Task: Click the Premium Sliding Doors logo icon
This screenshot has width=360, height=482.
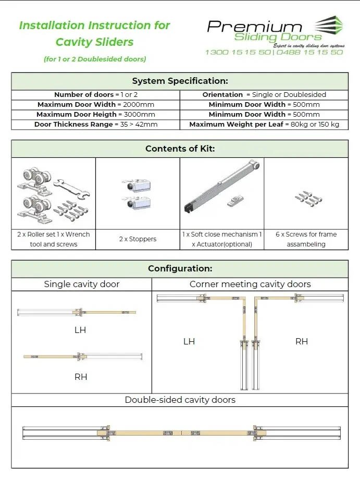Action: [329, 26]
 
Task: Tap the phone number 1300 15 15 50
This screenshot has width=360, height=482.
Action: [238, 52]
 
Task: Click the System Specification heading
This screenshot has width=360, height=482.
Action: [180, 81]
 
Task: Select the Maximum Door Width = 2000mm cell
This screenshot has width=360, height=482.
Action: [96, 105]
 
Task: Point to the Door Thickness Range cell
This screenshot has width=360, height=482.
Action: [96, 124]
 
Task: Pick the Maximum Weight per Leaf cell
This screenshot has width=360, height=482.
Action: [264, 124]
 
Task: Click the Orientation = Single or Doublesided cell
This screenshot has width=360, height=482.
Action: [264, 95]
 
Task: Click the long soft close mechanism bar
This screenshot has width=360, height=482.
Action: [221, 186]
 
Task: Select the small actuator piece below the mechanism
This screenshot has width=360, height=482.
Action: [235, 201]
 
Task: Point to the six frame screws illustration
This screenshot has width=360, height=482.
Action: [308, 199]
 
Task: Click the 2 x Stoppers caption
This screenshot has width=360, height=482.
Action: [138, 239]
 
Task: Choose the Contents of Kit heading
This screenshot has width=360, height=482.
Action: [180, 149]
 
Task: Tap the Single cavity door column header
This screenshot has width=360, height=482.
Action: [81, 284]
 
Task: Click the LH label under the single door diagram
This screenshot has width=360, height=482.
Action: [80, 330]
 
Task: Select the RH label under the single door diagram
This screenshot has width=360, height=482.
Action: [81, 377]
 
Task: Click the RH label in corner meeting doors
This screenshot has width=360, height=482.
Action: [302, 341]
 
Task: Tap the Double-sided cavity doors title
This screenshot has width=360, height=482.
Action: [180, 400]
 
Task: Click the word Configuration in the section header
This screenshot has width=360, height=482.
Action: [180, 268]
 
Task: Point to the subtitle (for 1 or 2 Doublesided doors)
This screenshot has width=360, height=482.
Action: [95, 59]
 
